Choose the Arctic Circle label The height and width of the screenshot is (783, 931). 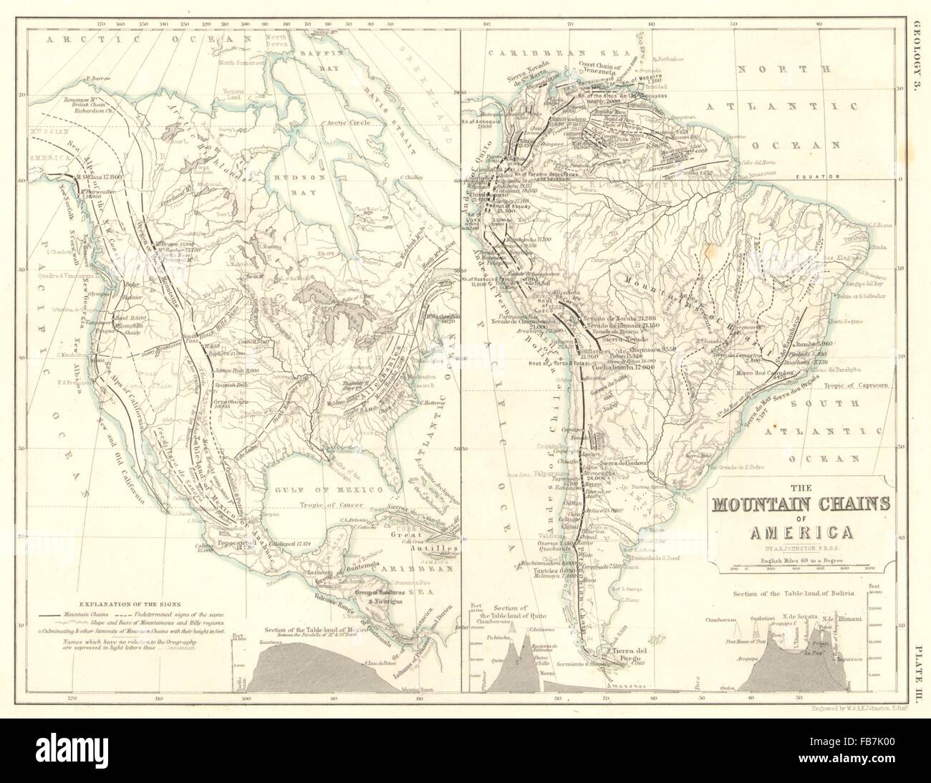click(x=347, y=123)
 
